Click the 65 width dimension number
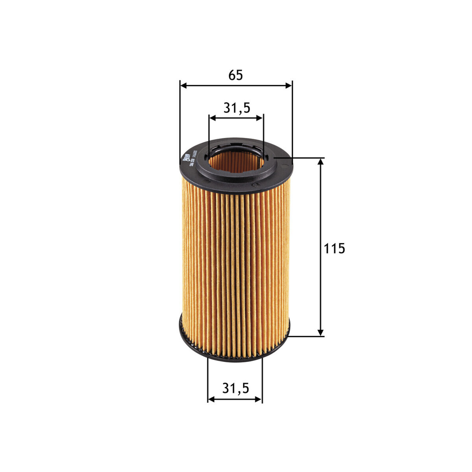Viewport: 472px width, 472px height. pyautogui.click(x=235, y=75)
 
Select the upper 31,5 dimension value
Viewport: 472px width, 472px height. pyautogui.click(x=237, y=108)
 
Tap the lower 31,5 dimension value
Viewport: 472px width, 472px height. pyautogui.click(x=235, y=388)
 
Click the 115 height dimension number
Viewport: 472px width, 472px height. pyautogui.click(x=334, y=248)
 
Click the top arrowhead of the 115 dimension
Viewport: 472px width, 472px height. pyautogui.click(x=321, y=162)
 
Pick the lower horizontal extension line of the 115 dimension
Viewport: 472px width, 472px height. pyautogui.click(x=307, y=336)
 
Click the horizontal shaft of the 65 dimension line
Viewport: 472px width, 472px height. pyautogui.click(x=236, y=86)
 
